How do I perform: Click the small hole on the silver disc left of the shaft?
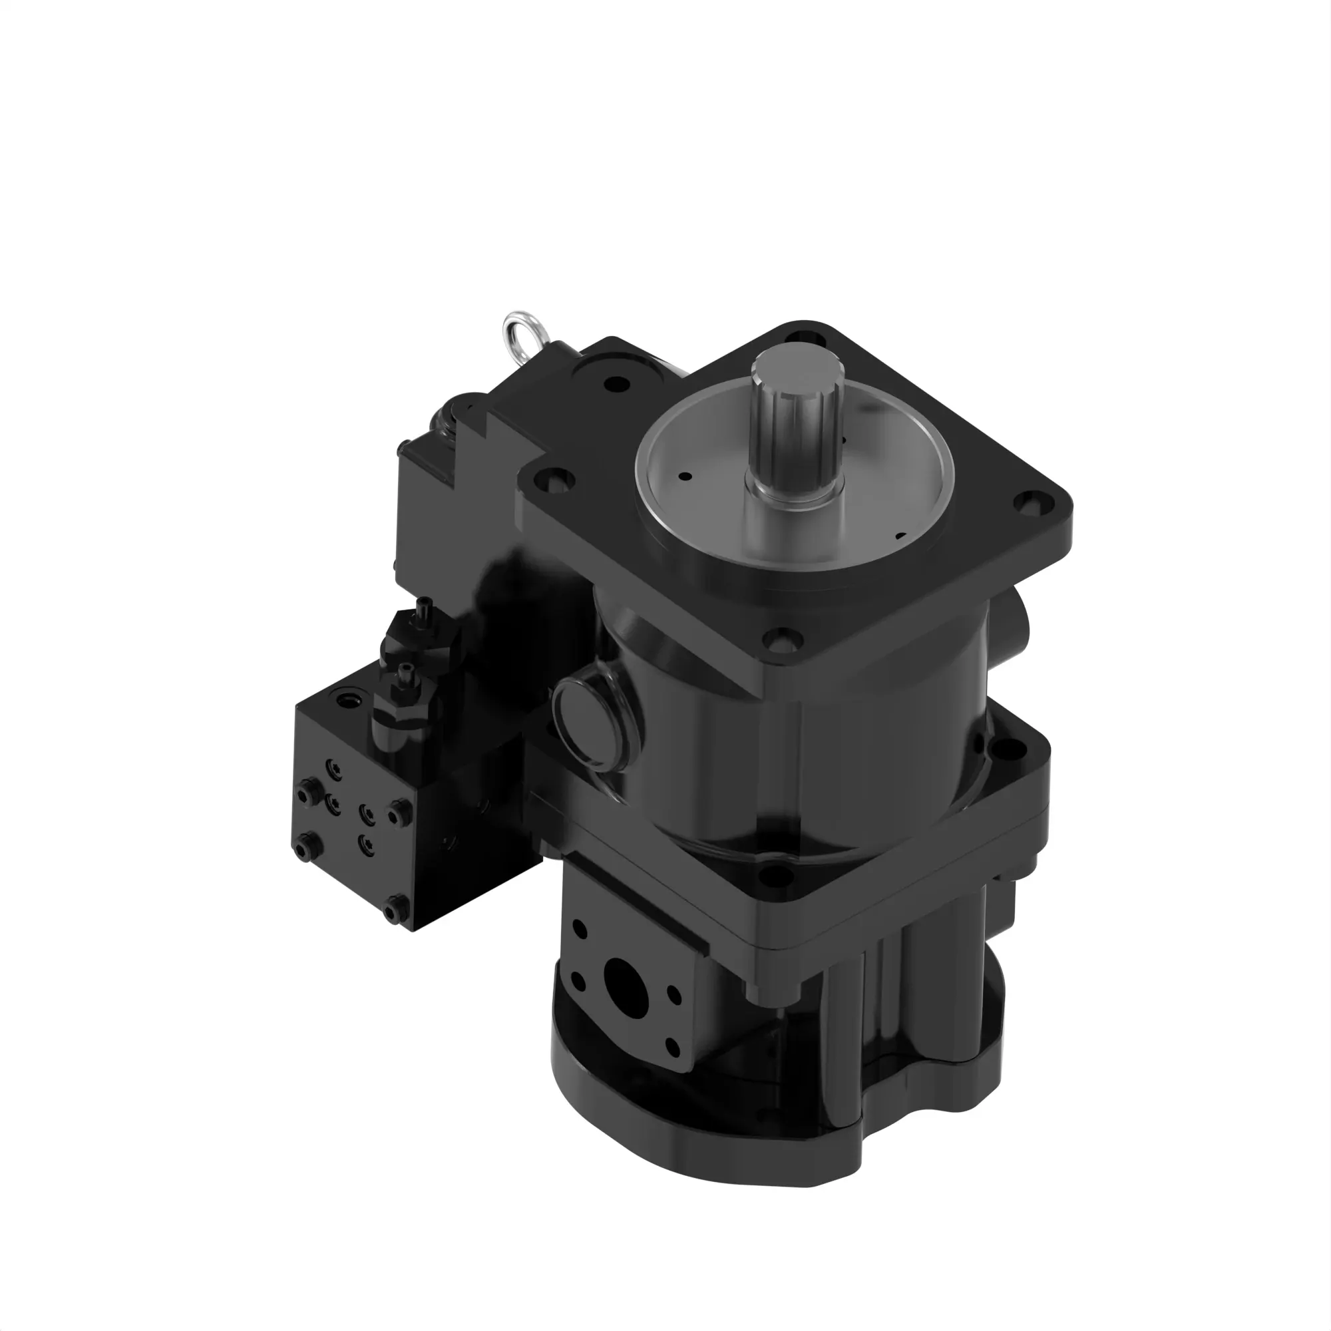[686, 475]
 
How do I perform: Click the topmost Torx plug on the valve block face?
[335, 767]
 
